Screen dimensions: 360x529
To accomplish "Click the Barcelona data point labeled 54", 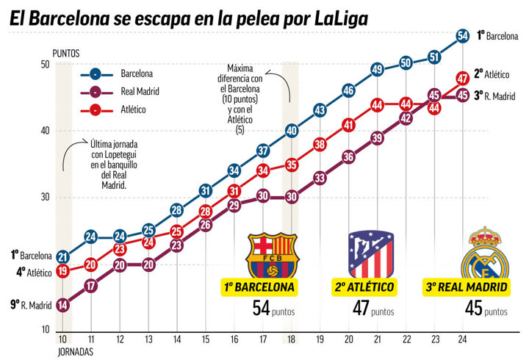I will (x=463, y=35).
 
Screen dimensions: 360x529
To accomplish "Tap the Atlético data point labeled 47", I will (x=463, y=78).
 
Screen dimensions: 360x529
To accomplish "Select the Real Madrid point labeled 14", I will (x=62, y=305).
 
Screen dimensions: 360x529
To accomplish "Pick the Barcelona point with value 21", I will (x=62, y=257).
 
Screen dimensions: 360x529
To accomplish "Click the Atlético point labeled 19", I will (x=62, y=271).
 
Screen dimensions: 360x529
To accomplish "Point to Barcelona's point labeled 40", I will (x=292, y=131).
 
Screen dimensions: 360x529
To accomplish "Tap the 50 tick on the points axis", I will (x=45, y=65).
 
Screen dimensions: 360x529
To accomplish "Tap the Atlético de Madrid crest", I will (x=370, y=254).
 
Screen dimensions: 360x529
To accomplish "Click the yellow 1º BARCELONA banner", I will (x=260, y=287).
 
